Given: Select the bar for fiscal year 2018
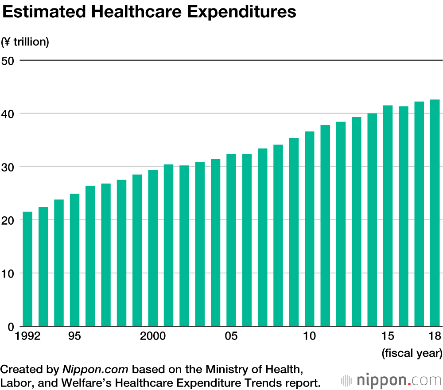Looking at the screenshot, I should point(435,213).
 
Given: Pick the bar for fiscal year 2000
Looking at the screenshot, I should point(153,248).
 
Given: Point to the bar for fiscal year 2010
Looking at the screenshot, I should point(310,229).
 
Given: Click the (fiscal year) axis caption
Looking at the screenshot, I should point(412,353).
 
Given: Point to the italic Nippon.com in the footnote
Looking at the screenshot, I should point(95,369).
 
